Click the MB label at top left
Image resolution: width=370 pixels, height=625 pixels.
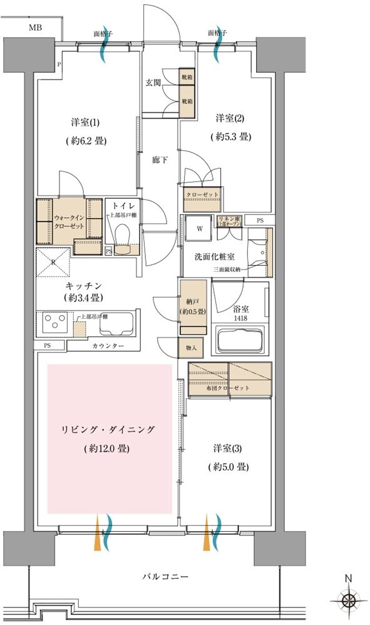[36, 28]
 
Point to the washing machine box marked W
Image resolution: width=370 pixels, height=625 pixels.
[199, 229]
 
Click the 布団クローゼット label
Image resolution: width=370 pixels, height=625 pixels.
[229, 388]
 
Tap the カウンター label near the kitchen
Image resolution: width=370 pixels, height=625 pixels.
[108, 346]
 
